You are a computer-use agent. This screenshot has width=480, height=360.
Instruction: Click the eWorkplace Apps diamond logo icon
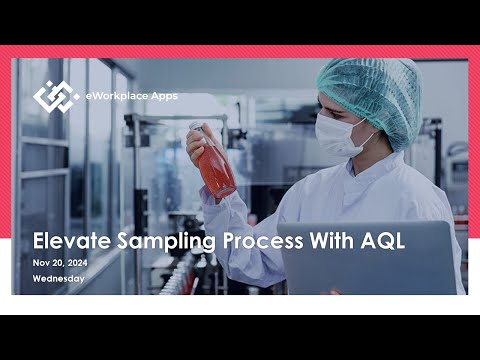pyautogui.click(x=56, y=96)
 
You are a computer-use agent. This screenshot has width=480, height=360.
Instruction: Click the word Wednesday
pyautogui.click(x=58, y=279)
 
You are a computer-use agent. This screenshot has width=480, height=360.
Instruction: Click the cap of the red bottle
pyautogui.click(x=197, y=127)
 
